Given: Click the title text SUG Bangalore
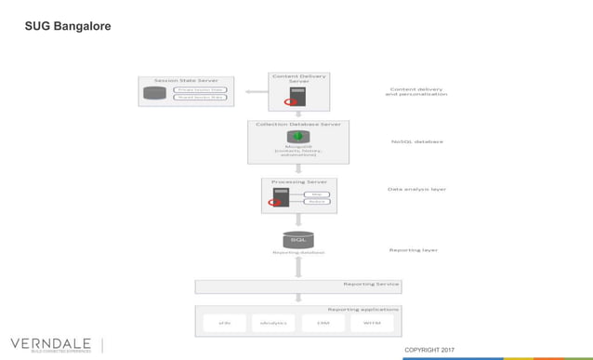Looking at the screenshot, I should point(68,26).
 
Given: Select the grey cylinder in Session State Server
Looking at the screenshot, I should point(155,93).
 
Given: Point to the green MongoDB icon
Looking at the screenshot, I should point(297,137).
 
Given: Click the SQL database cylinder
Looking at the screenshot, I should point(298,240).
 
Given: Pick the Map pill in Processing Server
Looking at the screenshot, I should point(317,193).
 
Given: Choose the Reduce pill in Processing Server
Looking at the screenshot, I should point(317,201).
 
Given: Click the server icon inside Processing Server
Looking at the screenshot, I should point(280,196).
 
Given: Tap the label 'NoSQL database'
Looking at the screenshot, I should point(416,141).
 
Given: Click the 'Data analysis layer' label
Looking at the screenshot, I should point(416,189).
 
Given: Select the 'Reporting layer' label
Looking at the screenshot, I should point(413,249).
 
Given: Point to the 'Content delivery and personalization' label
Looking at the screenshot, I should point(416,92).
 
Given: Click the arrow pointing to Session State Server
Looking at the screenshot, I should point(252,92).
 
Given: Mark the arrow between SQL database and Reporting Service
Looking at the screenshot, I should point(298,267).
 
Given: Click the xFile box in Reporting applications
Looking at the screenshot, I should point(224,322).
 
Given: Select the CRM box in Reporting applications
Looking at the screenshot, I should point(323,322).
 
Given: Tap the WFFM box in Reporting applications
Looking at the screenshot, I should point(372,322).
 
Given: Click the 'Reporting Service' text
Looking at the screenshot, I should point(371,284).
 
